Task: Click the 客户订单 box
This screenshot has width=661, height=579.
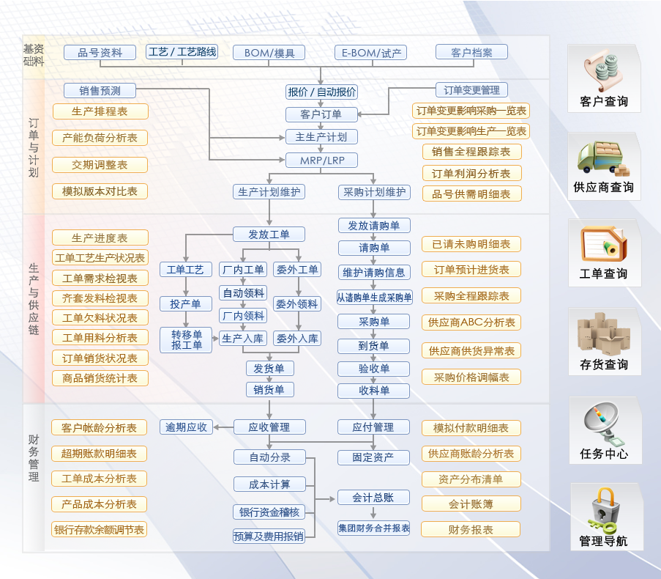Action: [x=321, y=114]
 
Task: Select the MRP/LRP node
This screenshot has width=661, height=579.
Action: [x=321, y=160]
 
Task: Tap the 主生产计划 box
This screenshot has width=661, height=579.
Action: [x=321, y=137]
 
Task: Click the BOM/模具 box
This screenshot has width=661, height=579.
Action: [x=269, y=53]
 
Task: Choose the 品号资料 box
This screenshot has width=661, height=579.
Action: [x=100, y=53]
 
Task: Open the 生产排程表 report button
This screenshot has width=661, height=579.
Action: [x=100, y=111]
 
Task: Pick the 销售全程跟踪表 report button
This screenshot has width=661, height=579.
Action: [x=471, y=152]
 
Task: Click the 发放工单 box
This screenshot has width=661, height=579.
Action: [x=269, y=235]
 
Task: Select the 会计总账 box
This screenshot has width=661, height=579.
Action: [x=373, y=498]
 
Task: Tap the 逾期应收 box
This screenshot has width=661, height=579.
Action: [x=186, y=427]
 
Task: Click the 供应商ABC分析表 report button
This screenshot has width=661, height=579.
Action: [x=471, y=322]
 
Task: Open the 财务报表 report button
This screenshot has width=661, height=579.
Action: [x=471, y=529]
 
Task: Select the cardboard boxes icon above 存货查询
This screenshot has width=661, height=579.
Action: [x=604, y=333]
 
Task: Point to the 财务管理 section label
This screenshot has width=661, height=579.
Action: [x=34, y=458]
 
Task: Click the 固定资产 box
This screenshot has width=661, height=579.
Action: [x=373, y=457]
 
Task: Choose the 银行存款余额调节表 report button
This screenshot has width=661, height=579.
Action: [x=100, y=529]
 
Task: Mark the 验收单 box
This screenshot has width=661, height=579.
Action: [x=373, y=369]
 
